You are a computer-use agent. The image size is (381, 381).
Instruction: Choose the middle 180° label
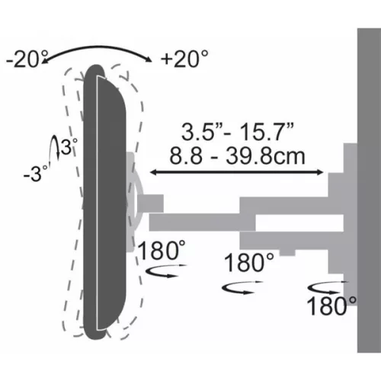pos(248,264)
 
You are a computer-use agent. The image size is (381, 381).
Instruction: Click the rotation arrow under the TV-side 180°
pos(164,271)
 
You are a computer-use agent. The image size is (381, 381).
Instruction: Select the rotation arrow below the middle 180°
pos(240,287)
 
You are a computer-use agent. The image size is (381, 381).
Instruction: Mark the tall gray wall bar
pos(369,190)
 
